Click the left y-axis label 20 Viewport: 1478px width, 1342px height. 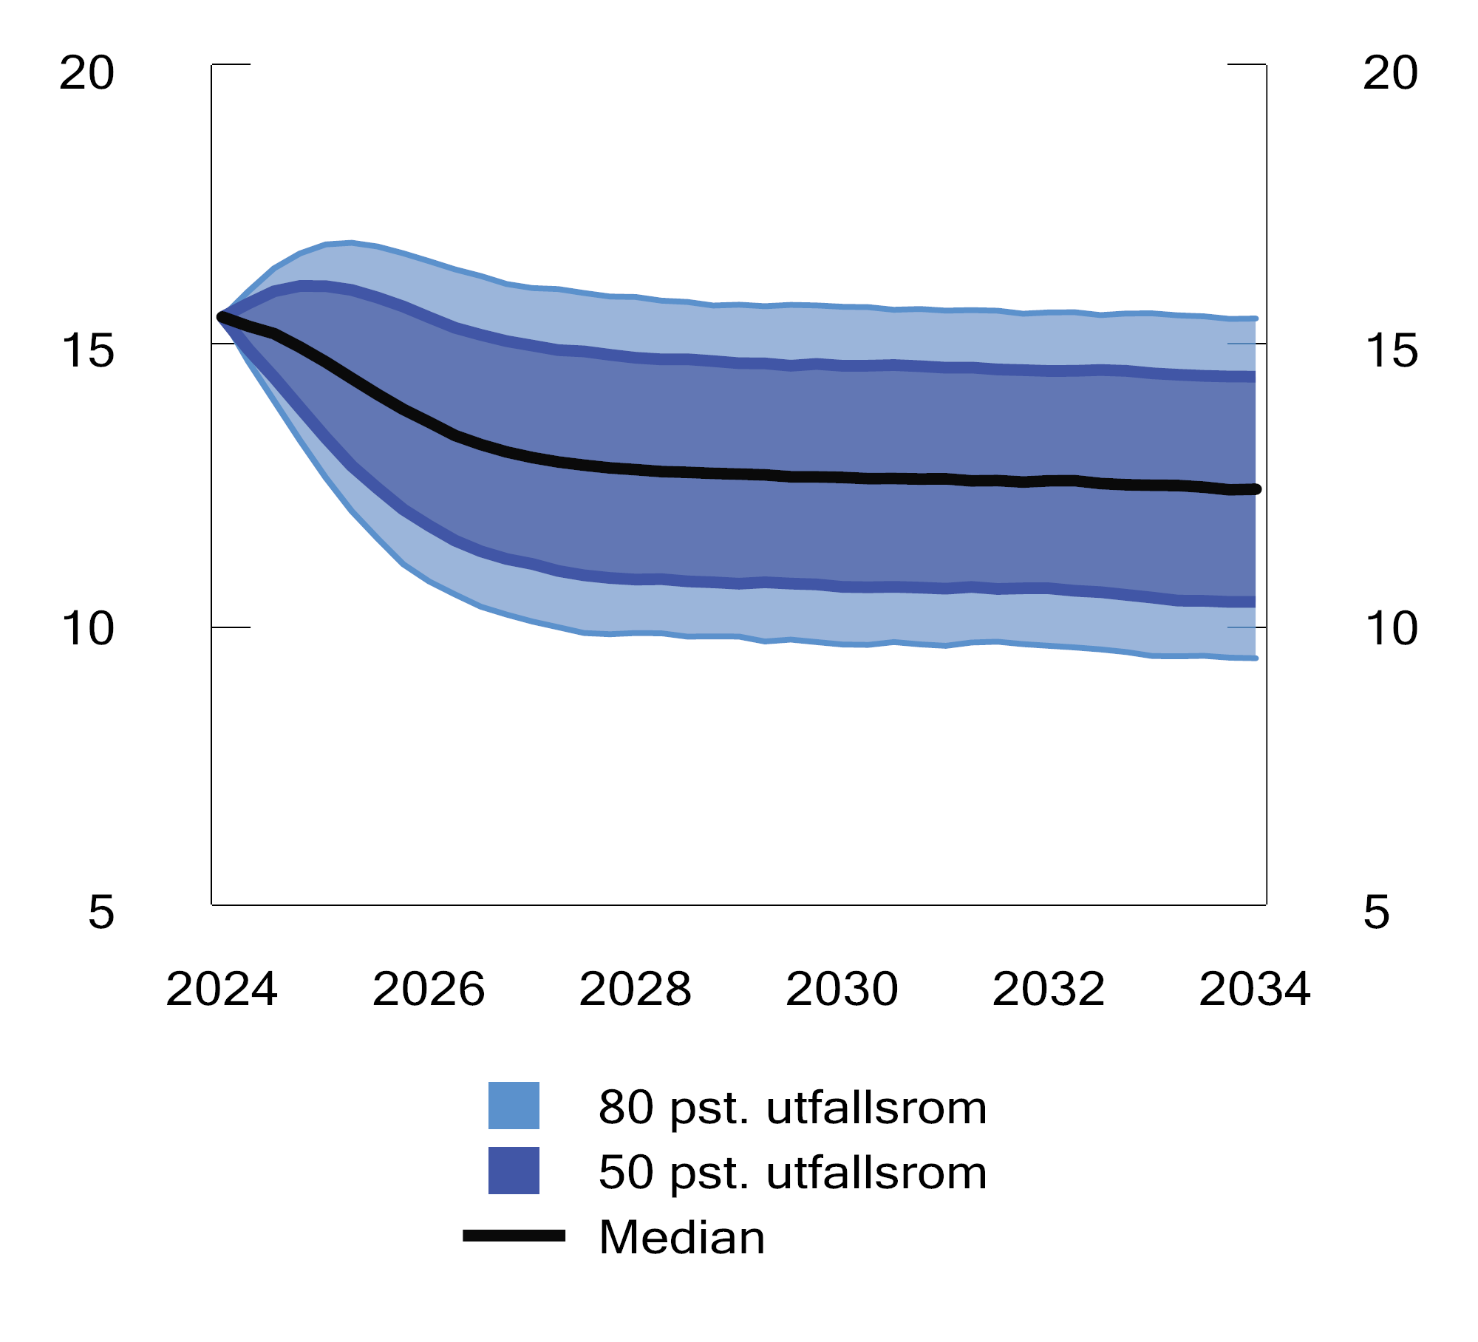point(87,73)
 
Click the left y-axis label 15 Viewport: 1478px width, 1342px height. point(87,350)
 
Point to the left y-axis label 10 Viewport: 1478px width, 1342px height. point(87,629)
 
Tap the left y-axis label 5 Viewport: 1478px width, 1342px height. point(101,912)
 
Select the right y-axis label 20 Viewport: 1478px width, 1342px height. point(1390,73)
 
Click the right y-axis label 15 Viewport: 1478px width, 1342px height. point(1390,350)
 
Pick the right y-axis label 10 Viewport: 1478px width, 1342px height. point(1390,629)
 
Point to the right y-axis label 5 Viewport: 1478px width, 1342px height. point(1376,912)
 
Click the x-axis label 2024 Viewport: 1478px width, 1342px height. point(221,990)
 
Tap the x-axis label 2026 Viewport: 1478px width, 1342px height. point(428,990)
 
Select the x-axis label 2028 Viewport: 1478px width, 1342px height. point(635,990)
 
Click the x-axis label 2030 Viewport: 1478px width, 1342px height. point(842,990)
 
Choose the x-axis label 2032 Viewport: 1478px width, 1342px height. point(1048,990)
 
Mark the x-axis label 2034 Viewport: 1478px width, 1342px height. point(1254,990)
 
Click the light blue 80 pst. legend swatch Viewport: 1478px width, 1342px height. point(514,1106)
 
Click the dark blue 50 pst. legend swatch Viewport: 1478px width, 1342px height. point(514,1171)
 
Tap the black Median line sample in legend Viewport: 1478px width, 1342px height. point(514,1236)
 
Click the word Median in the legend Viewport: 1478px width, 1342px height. point(681,1237)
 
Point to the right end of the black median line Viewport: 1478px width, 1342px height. point(1256,489)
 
